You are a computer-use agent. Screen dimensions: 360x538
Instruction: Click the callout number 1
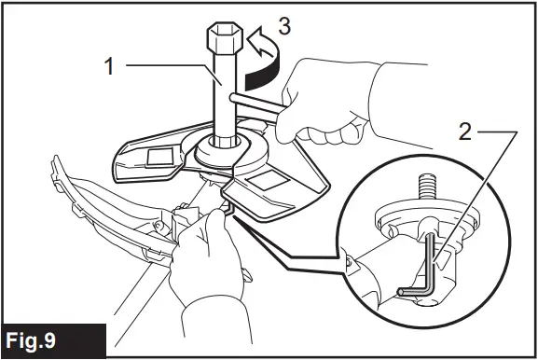[109, 67]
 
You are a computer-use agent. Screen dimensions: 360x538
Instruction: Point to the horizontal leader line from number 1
[163, 67]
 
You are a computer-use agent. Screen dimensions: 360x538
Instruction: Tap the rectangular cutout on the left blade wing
[153, 157]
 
